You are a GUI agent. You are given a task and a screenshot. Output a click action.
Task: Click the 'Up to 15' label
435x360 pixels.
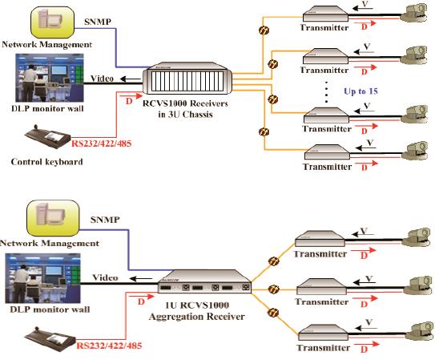coord(360,91)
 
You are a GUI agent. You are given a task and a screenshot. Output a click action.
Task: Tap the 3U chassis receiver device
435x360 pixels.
coord(187,79)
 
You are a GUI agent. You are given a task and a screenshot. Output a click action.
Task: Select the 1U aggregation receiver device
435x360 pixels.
coord(204,281)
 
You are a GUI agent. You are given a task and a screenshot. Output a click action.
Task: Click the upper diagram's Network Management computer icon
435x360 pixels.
coord(52,22)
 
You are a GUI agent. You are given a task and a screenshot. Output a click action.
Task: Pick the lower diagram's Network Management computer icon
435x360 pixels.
coord(53,218)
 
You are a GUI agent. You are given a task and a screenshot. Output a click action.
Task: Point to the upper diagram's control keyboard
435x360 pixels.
coord(48,136)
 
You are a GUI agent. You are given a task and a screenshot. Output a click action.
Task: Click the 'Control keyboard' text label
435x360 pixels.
coord(47,161)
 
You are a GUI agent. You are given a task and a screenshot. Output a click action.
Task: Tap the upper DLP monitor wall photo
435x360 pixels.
coord(50,78)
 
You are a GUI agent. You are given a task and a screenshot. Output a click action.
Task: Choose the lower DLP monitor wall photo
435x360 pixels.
coord(42,278)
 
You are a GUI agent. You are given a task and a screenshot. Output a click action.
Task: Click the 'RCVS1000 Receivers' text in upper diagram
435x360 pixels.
coord(185,103)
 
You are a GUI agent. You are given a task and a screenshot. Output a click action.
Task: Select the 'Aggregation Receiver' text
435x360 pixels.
coord(197,317)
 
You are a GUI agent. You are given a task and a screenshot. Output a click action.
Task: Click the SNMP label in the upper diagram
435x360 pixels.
coord(98,22)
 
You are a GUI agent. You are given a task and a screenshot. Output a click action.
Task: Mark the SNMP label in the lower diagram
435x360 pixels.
coord(105,220)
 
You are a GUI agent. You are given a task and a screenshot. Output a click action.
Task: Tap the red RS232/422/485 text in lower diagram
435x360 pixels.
coord(109,346)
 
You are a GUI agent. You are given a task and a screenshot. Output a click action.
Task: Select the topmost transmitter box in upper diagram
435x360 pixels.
coord(325,14)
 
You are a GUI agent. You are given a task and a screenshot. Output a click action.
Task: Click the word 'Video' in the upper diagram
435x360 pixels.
coord(102,79)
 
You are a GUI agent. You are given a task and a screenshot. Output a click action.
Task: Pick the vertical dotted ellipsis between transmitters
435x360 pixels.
coord(327,92)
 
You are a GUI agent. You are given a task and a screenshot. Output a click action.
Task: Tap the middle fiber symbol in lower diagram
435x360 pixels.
coord(273,289)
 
